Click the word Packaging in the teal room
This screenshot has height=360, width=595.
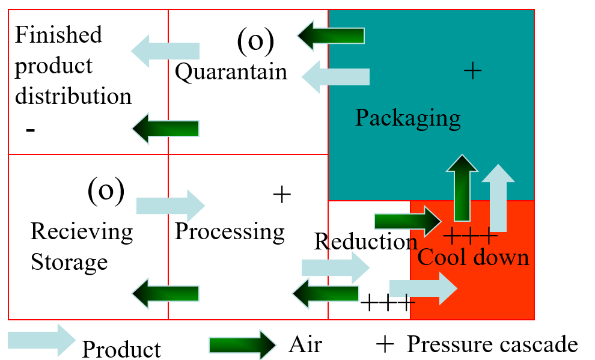407,118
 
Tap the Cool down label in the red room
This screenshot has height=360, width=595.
473,257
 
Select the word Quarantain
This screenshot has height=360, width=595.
231,72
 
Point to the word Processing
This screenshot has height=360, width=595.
230,231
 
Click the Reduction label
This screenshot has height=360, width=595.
365,242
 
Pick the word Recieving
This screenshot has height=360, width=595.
82,231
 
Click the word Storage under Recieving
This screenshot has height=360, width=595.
69,262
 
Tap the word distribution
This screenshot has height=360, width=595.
73,96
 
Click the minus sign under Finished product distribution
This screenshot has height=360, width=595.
31,130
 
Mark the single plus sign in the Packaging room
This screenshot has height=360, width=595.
473,72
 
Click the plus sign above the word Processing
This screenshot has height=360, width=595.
281,194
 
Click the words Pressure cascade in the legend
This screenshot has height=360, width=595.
492,344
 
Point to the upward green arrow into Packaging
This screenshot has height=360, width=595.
462,188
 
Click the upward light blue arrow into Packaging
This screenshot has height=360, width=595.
498,197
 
